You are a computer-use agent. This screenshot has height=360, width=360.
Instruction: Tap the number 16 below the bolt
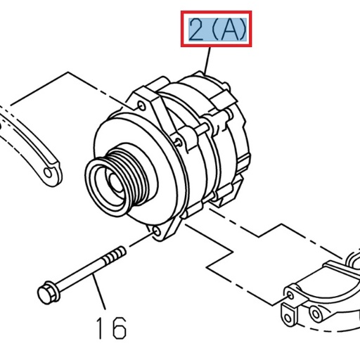pos(110,327)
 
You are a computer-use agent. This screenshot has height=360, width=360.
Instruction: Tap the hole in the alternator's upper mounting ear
pos(143,105)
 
